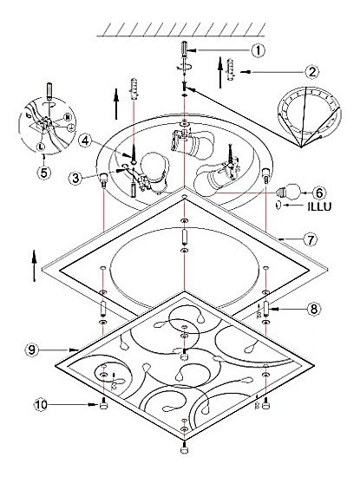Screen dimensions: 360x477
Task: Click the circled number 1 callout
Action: click(258, 50)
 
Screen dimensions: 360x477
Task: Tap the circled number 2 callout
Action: click(312, 72)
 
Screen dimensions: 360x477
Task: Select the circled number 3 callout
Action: click(75, 178)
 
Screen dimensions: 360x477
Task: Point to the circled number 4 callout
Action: click(85, 141)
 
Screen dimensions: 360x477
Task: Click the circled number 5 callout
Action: click(44, 173)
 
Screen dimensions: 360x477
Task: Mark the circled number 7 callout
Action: click(311, 239)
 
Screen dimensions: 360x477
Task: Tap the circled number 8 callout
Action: click(314, 309)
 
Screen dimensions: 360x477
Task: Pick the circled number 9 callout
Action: click(32, 350)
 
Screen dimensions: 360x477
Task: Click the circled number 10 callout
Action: click(41, 405)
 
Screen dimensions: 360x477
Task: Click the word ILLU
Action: click(319, 206)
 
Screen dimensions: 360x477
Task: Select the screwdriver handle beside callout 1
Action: click(184, 48)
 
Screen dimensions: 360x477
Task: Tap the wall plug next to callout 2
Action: click(231, 69)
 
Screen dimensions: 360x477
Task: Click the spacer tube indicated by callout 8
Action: click(266, 309)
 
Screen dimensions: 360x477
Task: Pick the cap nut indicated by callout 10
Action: click(103, 404)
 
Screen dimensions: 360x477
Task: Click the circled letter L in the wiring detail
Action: click(40, 147)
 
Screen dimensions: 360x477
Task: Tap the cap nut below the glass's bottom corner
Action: click(184, 449)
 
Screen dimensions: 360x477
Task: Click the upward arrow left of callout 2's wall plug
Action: click(220, 72)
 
